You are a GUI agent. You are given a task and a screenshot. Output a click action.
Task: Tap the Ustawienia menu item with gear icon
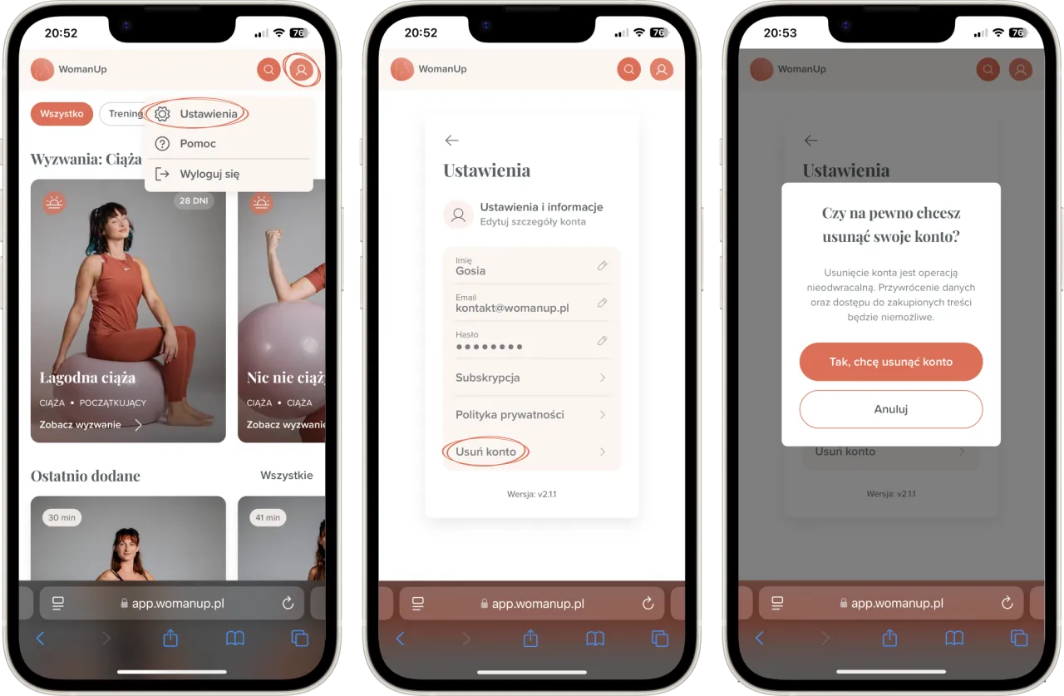(196, 114)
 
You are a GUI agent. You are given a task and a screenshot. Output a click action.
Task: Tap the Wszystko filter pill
(62, 114)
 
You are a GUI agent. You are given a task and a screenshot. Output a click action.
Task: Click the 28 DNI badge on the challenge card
(194, 200)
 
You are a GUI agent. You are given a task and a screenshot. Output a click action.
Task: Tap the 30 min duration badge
(62, 517)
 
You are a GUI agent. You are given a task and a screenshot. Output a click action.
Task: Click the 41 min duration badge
(268, 517)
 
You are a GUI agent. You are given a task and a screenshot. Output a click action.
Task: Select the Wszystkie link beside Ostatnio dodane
(287, 475)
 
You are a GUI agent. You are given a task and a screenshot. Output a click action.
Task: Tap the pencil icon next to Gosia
(603, 265)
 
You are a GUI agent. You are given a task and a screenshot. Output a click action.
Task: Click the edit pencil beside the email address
(603, 303)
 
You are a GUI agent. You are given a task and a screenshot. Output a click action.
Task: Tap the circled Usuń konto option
(485, 452)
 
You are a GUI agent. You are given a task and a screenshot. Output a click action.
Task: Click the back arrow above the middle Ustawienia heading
(451, 141)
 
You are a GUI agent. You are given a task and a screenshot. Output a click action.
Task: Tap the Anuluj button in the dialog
(890, 409)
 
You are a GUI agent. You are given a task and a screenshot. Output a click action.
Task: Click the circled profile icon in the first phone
(301, 70)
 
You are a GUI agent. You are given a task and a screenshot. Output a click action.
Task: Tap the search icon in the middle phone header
(628, 69)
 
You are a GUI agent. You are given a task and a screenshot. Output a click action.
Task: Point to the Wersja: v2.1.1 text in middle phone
(531, 494)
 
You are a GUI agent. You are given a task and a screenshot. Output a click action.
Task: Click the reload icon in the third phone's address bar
(1007, 603)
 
